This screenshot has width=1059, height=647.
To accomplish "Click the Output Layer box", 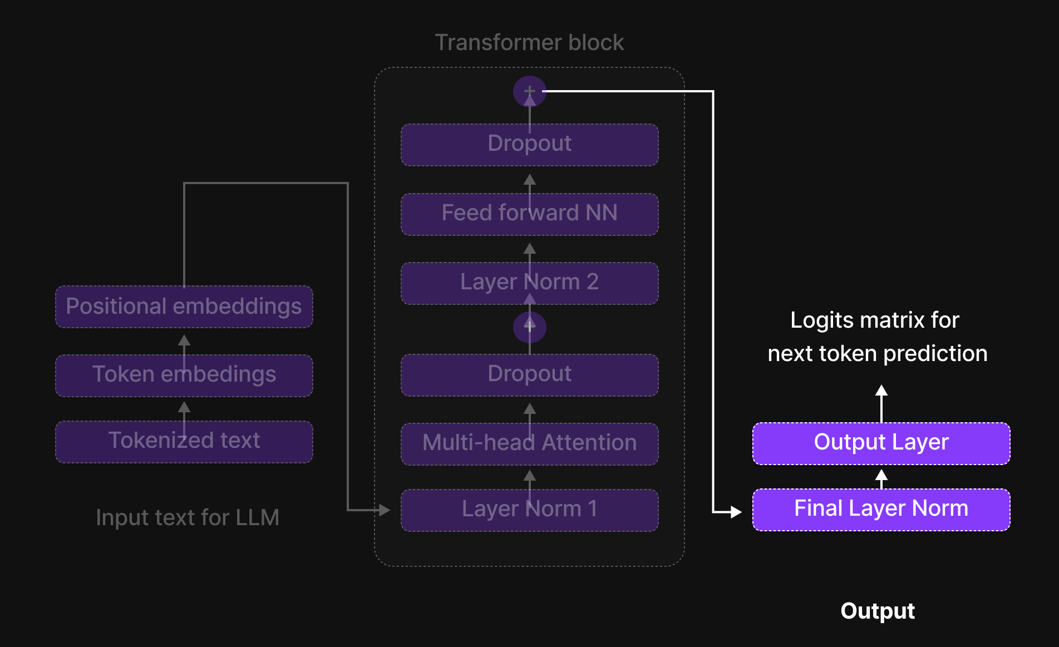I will click(x=881, y=443).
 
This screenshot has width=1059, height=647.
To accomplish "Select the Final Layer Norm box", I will click(x=881, y=510).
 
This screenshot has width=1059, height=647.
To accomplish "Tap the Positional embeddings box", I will click(x=184, y=307).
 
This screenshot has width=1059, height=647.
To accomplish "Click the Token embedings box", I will click(x=184, y=375).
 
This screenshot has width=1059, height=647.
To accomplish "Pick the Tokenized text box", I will click(x=184, y=441).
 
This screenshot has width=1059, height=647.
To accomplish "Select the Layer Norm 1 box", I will click(x=529, y=510).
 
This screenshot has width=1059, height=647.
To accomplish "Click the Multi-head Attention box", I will click(x=529, y=443).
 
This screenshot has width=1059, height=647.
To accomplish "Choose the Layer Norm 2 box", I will click(x=529, y=283).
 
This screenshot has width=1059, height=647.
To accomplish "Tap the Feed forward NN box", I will click(x=529, y=214).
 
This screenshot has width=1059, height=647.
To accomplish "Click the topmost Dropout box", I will click(x=529, y=144).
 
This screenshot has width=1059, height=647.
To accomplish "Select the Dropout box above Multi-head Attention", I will click(x=529, y=374).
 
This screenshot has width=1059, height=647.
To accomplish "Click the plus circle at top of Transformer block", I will click(x=529, y=91).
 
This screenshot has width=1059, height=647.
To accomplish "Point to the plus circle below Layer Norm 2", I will click(x=529, y=327).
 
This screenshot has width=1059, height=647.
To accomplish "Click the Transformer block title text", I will click(x=529, y=43).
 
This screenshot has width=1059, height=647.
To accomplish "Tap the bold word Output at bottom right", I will click(x=877, y=611).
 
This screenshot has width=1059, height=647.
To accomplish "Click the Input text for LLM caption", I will click(x=188, y=518).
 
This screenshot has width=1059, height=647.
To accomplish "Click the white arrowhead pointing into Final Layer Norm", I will click(x=736, y=511).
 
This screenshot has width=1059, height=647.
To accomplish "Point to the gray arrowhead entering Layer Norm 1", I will click(x=385, y=510).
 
